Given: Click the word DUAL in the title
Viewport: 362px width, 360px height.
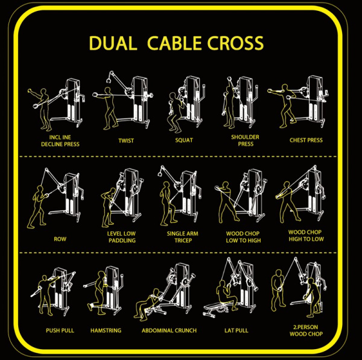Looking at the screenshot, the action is click(x=113, y=43).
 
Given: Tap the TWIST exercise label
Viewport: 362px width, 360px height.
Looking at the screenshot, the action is click(x=126, y=141).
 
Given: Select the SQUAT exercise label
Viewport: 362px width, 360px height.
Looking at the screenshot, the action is click(x=184, y=140).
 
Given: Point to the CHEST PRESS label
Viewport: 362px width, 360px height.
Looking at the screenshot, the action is click(x=306, y=140).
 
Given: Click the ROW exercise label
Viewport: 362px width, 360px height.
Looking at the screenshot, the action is click(x=60, y=239).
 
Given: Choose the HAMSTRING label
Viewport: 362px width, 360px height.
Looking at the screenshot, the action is click(x=106, y=330).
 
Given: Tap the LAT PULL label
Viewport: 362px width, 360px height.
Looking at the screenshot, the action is click(x=237, y=330).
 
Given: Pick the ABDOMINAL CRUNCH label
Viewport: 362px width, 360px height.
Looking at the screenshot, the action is click(x=169, y=330).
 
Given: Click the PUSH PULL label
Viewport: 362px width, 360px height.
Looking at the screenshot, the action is click(x=60, y=330).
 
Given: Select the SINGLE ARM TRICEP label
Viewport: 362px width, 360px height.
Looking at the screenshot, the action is click(x=183, y=237).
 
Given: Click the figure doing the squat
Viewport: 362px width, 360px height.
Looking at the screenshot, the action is click(x=175, y=112).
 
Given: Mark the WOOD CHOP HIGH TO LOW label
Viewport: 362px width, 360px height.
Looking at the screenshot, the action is click(x=306, y=236).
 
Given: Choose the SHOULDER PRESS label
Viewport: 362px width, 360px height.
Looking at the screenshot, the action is click(x=245, y=141).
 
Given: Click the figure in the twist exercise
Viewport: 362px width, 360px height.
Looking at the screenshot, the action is click(x=109, y=109).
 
